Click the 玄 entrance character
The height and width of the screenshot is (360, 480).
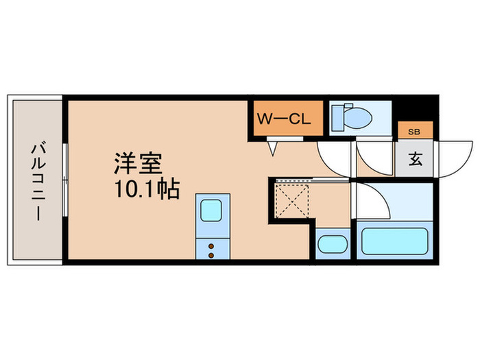(416, 160)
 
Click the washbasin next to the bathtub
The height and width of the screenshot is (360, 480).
(333, 244)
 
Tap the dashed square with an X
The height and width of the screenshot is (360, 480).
(293, 201)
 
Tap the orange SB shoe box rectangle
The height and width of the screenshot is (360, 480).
(416, 130)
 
